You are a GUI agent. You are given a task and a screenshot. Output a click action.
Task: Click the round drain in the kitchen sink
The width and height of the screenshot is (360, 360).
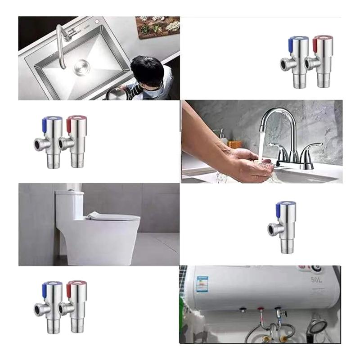[x=82, y=67]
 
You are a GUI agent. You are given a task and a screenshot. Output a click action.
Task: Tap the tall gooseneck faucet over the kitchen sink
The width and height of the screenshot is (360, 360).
[x=61, y=43]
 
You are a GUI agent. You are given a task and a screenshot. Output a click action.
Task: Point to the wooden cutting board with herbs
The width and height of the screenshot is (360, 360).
[x=157, y=27]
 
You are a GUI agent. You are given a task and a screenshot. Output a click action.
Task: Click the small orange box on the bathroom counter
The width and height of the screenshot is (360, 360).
[x=235, y=144]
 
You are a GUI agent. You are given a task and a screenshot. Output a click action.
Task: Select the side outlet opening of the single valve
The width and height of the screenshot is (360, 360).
[x=271, y=230]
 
